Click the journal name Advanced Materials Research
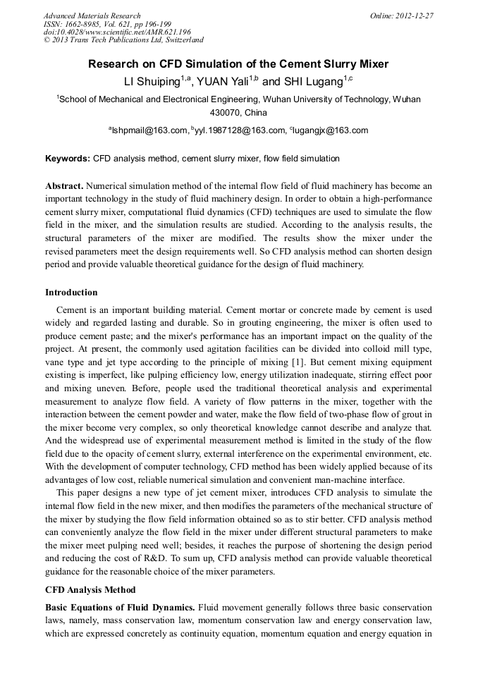(92, 16)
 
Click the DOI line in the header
(117, 32)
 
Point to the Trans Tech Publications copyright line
(123, 40)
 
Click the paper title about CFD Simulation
(238, 64)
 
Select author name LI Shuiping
(152, 82)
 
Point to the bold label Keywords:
(68, 159)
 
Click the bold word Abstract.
(64, 186)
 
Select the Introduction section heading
(71, 292)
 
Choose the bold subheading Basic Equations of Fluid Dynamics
(120, 607)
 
